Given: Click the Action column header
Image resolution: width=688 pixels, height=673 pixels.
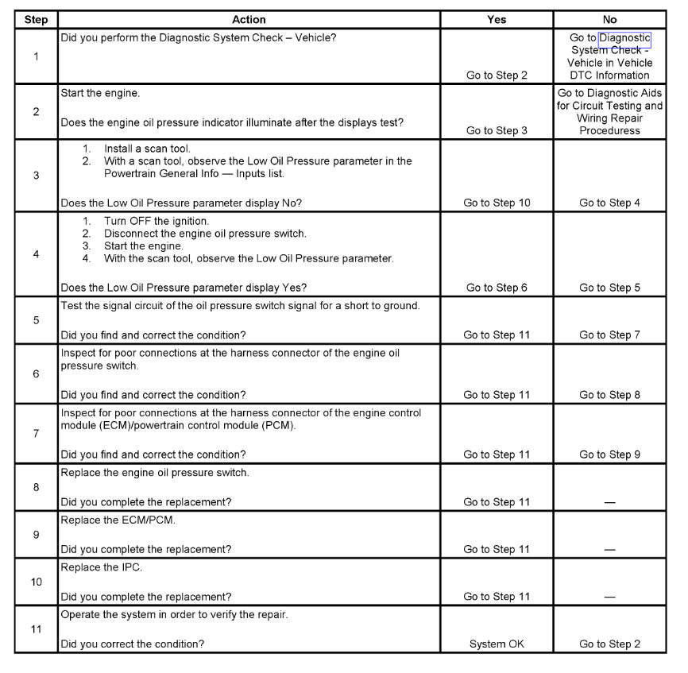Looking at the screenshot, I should pos(249,20).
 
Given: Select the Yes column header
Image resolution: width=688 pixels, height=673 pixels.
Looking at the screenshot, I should pos(497,20).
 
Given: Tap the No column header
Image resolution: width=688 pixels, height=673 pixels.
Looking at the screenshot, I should pos(609,20).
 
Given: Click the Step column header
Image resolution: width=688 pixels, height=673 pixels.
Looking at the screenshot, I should pos(36,20).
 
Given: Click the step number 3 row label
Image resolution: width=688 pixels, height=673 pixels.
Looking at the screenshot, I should pos(36,176).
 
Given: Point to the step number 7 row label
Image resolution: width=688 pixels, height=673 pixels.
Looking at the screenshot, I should pos(36,434).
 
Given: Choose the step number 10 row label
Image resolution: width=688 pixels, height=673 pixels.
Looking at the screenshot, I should pos(36,582).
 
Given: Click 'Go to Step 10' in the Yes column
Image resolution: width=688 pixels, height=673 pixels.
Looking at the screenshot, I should pos(497,203).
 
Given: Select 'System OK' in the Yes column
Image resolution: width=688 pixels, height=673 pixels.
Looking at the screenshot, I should pos(497,644).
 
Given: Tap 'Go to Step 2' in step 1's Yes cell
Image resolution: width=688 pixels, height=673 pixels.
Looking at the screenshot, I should pos(497,75).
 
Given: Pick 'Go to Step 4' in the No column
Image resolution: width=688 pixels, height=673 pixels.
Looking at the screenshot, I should pos(609,203).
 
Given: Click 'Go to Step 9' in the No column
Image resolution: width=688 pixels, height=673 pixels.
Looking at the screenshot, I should pos(609,454).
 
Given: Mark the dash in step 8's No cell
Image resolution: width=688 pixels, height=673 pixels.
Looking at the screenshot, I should pos(609,502).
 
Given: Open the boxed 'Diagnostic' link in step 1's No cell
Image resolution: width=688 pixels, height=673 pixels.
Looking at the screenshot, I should pos(624,38).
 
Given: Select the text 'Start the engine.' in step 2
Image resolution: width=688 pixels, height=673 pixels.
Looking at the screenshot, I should pos(100,93).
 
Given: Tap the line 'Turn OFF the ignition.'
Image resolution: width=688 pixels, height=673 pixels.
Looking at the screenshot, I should pos(157,221).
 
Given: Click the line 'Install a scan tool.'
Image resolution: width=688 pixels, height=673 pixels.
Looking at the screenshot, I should pos(147,149).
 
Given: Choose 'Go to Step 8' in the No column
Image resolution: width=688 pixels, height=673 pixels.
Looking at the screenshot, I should pos(609,395).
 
